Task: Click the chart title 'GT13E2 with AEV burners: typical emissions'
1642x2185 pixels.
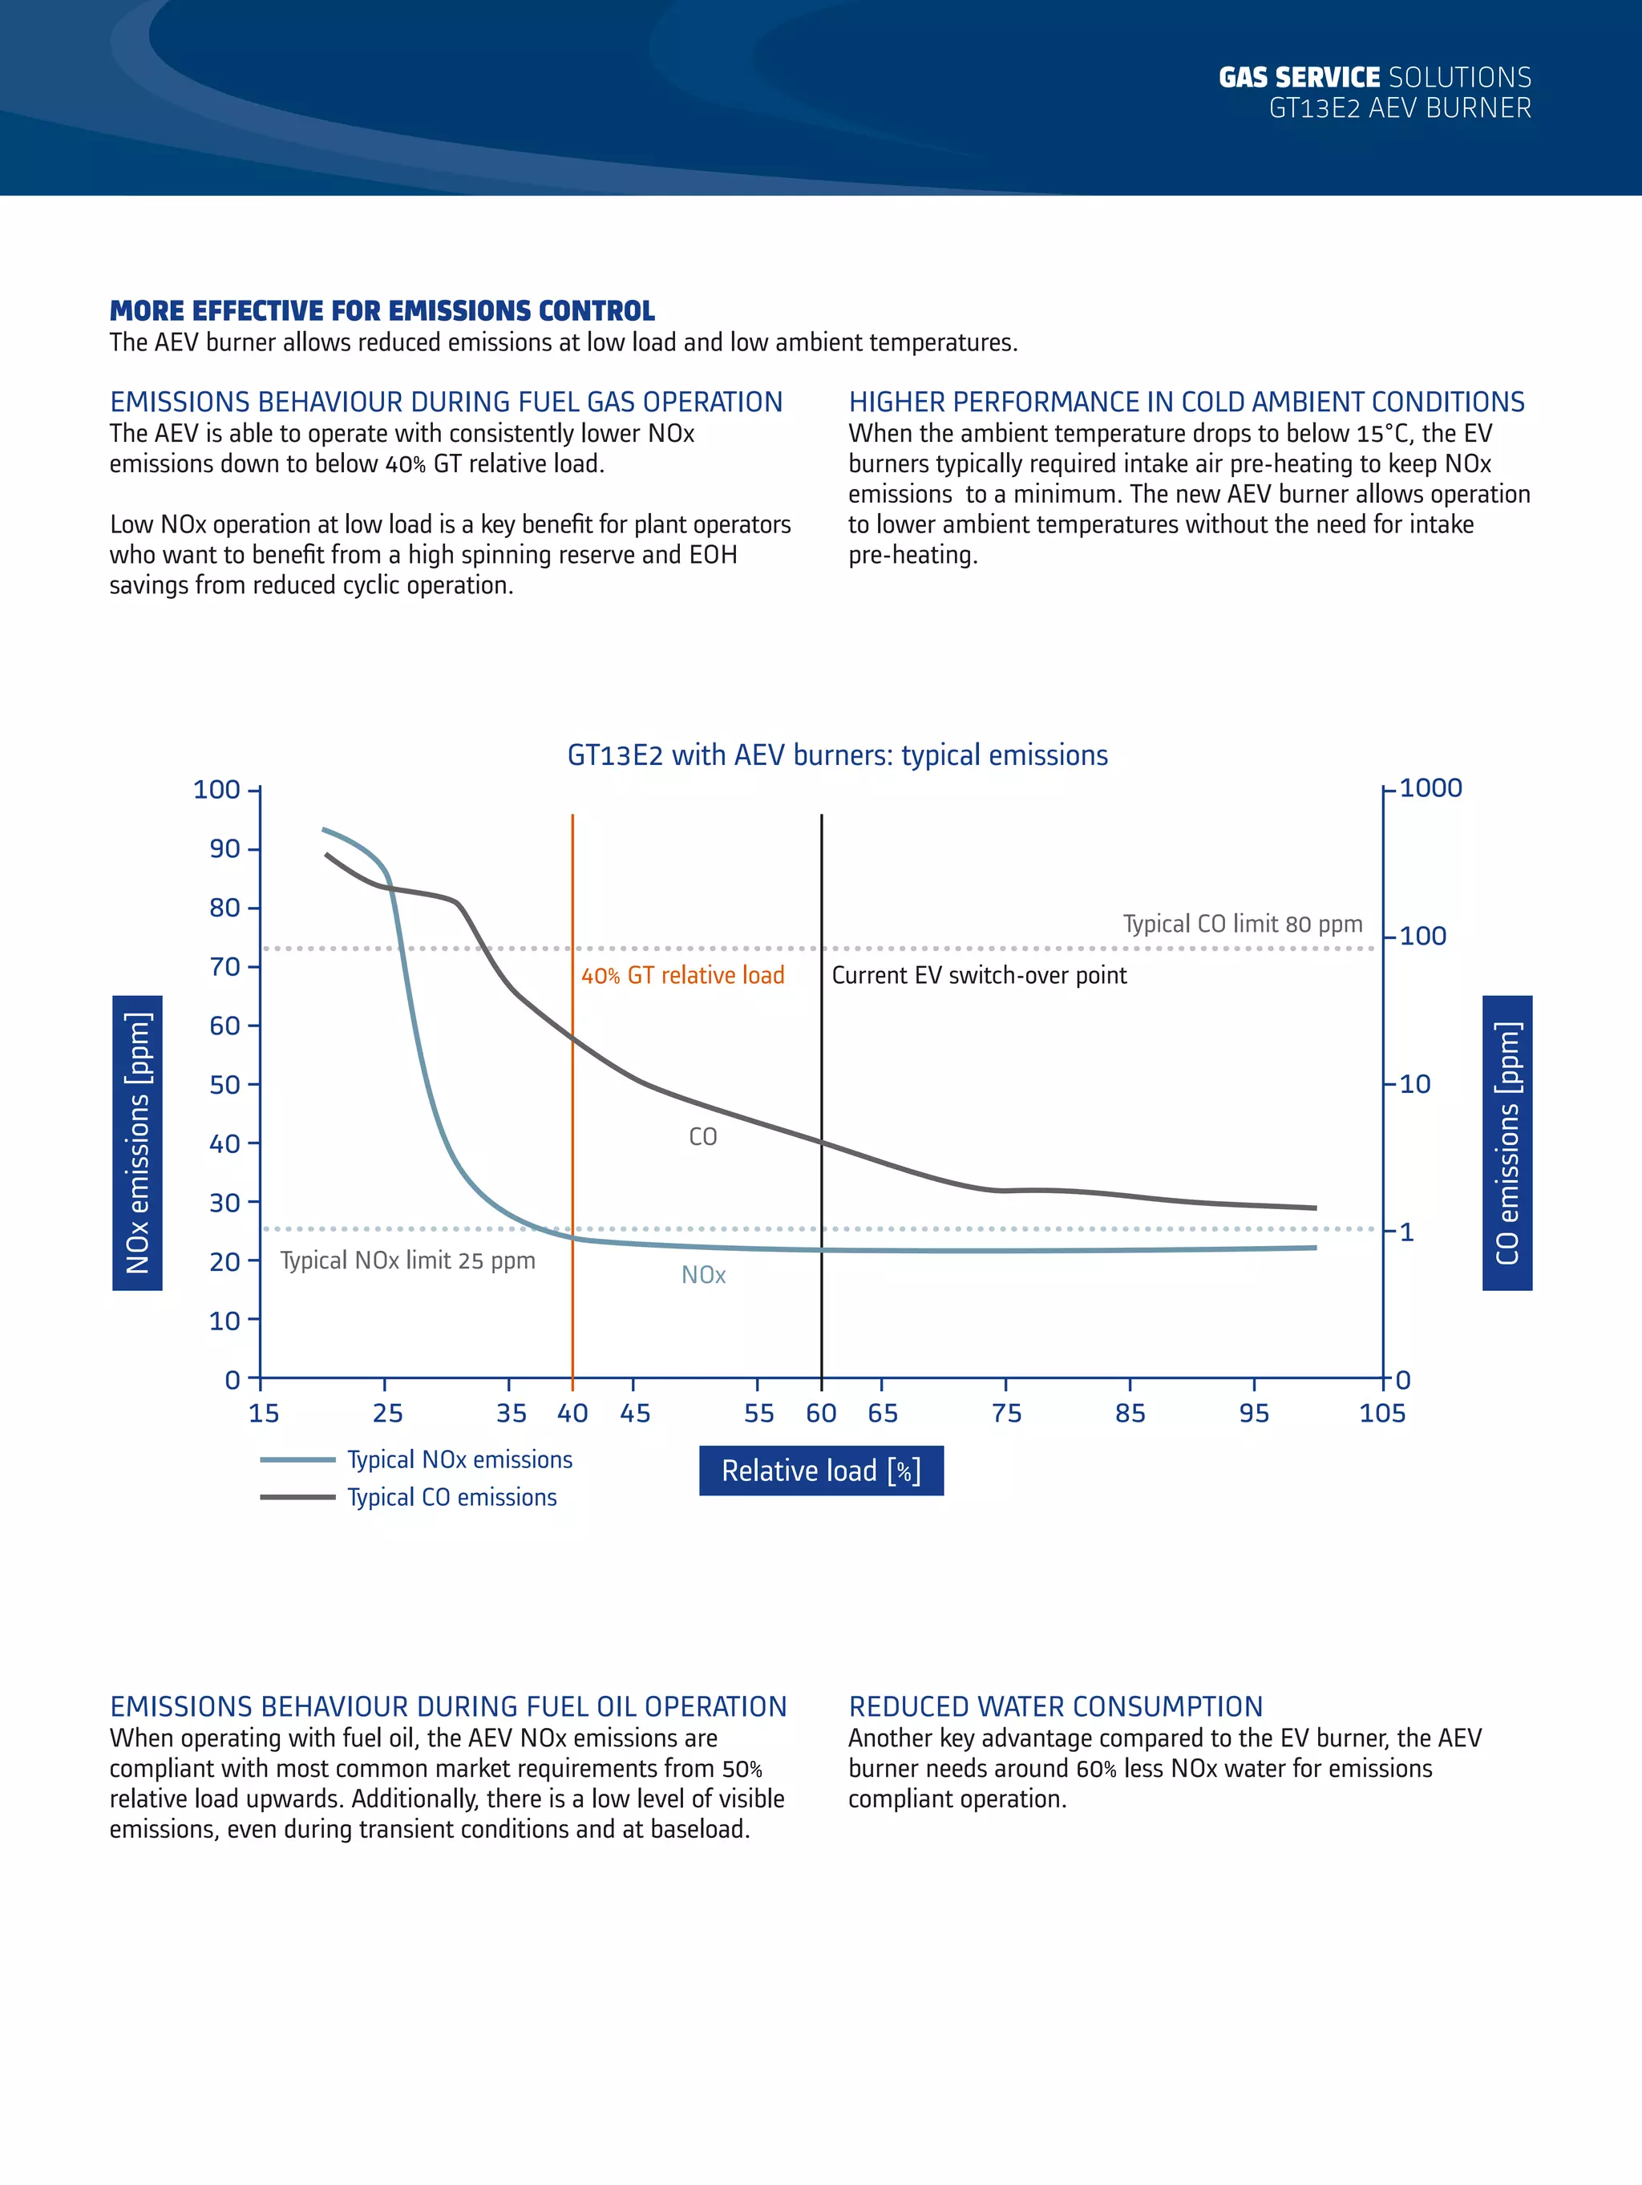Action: [x=837, y=755]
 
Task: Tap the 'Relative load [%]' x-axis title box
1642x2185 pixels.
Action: [x=821, y=1471]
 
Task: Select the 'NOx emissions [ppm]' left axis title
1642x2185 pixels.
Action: [x=137, y=1143]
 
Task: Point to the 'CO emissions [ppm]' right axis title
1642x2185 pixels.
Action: [x=1507, y=1143]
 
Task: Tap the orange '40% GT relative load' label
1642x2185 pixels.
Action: [x=682, y=975]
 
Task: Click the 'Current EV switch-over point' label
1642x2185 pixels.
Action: [x=979, y=975]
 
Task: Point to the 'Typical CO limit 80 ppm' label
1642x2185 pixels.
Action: [x=1243, y=924]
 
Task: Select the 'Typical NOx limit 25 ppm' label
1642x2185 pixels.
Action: [x=408, y=1260]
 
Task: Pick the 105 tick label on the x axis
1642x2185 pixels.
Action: [x=1382, y=1414]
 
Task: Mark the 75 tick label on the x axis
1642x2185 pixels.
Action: [x=1007, y=1414]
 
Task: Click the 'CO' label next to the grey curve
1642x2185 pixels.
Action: [x=702, y=1137]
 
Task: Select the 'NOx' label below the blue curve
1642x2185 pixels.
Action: [x=703, y=1275]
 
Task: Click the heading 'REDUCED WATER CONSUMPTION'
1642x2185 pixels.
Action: [x=1055, y=1707]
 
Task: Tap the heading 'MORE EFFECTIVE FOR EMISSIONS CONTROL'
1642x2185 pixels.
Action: [x=382, y=311]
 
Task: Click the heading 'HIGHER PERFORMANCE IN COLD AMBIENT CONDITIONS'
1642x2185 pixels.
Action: [x=1187, y=402]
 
